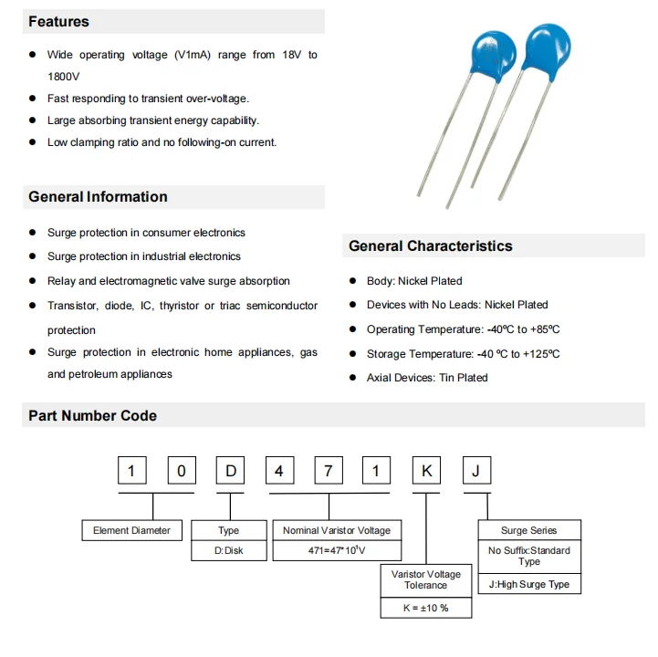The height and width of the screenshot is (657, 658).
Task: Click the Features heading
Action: pos(59,21)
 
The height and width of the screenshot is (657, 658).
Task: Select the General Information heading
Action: pos(98,197)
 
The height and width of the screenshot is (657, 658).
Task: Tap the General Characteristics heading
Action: pos(431,246)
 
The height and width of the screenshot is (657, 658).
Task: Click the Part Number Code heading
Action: pos(92,416)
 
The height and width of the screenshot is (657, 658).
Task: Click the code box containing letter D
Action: pos(231,471)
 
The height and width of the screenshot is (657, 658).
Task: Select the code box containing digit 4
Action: pos(280,471)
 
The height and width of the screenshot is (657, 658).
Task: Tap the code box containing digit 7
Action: pos(329,471)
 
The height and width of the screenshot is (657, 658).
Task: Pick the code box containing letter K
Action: pos(426,471)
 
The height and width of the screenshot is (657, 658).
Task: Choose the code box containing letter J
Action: pos(475,471)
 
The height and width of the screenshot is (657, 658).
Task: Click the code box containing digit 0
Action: pos(182,471)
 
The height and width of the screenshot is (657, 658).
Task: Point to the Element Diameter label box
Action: pos(131,530)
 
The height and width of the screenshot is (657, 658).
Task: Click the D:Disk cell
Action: pos(228,551)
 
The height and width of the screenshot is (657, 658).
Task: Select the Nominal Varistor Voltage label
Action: pos(336,530)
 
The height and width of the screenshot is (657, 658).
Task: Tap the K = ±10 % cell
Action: pos(426,608)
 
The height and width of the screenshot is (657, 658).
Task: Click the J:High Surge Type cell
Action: pos(528,584)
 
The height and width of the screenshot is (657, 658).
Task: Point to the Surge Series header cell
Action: pos(528,530)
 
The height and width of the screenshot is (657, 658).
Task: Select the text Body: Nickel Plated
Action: pos(414,281)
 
